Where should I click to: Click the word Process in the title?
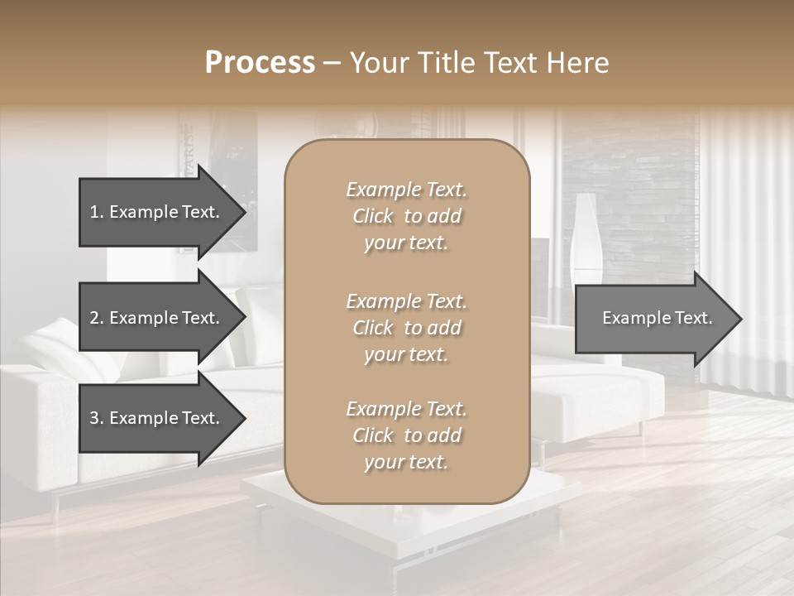pos(260,63)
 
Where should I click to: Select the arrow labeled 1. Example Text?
pos(157,212)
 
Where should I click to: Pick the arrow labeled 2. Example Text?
pos(157,318)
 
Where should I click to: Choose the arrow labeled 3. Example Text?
pos(157,418)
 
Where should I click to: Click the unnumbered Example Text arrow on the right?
pos(653,319)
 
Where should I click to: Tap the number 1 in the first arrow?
pos(93,212)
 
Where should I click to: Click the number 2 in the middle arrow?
pos(93,318)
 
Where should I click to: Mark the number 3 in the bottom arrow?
pos(93,418)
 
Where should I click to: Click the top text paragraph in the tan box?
pos(406,216)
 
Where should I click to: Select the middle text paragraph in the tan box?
pos(406,328)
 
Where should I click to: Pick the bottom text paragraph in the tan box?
pos(406,435)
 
